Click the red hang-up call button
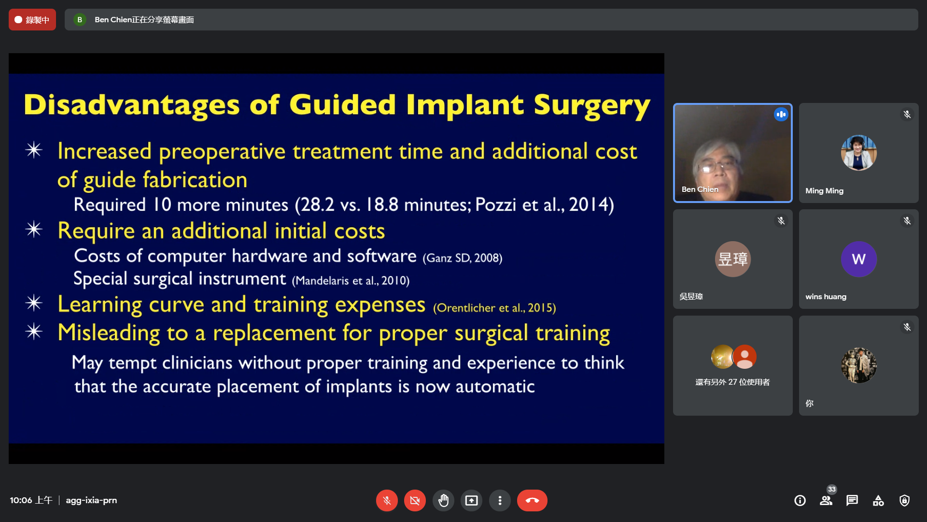(x=532, y=500)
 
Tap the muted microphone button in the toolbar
(x=387, y=500)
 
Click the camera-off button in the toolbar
(x=415, y=500)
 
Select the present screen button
(x=471, y=500)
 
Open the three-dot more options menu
(x=500, y=500)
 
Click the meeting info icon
(x=800, y=501)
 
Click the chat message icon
(x=852, y=501)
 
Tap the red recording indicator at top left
(x=32, y=20)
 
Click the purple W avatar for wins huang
(x=858, y=259)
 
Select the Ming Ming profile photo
(x=858, y=153)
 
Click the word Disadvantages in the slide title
(x=132, y=105)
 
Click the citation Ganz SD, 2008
(x=463, y=258)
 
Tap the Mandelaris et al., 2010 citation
(x=351, y=281)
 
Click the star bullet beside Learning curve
(x=34, y=303)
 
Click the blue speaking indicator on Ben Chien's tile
(x=781, y=115)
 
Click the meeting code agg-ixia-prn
(x=91, y=500)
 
